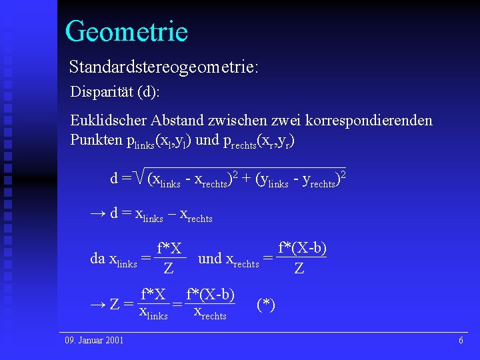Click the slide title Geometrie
click(x=126, y=31)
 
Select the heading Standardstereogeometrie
click(x=164, y=67)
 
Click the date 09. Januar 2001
click(x=94, y=341)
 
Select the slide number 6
click(x=461, y=341)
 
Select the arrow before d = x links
click(x=97, y=214)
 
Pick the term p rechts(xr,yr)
click(x=255, y=141)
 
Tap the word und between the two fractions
click(x=210, y=259)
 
